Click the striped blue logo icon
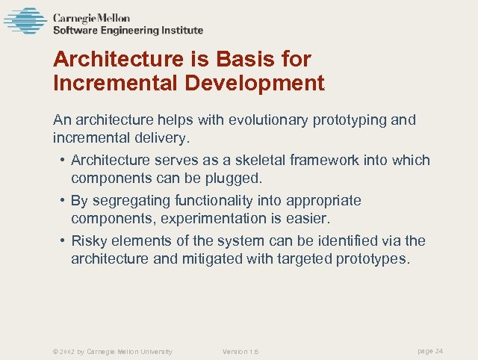[25, 21]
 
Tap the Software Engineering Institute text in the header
[128, 31]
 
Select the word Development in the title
[256, 83]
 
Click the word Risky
[89, 240]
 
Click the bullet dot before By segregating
[60, 201]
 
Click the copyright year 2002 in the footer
[65, 352]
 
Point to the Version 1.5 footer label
[240, 352]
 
